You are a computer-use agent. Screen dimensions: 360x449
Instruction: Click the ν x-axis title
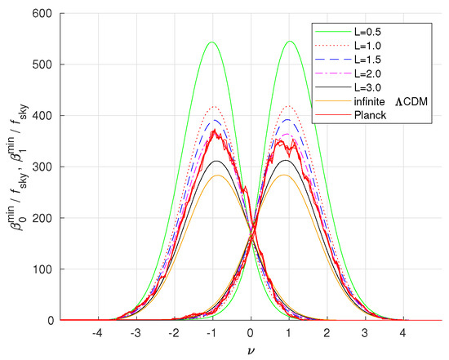[250, 351]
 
